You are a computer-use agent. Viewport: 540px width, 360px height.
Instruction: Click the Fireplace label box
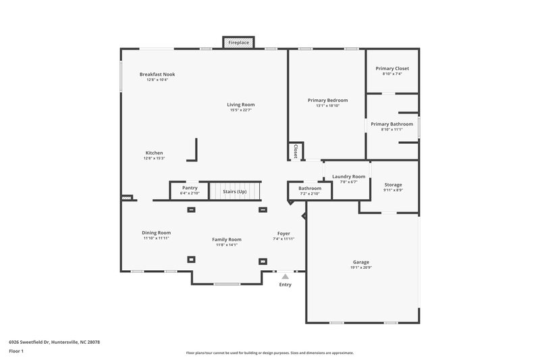(x=238, y=43)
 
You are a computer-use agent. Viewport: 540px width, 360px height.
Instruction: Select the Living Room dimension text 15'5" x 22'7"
(x=240, y=110)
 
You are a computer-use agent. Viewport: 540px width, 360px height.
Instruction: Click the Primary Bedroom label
(x=327, y=100)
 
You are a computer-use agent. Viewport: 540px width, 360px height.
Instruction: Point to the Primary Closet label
(x=391, y=68)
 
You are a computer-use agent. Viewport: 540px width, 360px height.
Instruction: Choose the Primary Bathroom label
(x=391, y=124)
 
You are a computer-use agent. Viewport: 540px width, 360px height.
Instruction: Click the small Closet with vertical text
(x=296, y=152)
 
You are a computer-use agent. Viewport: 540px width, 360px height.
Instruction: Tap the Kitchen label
(x=154, y=153)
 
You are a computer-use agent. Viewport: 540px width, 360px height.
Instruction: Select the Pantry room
(x=190, y=190)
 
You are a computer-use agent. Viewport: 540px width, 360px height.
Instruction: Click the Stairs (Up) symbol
(x=234, y=191)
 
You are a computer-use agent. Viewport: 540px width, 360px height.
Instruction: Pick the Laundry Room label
(x=348, y=176)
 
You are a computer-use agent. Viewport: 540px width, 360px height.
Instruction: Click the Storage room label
(x=393, y=184)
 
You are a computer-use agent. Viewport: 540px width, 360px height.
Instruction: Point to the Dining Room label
(x=156, y=232)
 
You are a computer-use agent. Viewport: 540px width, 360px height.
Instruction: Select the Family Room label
(x=227, y=239)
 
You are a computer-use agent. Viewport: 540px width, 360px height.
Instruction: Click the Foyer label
(x=283, y=233)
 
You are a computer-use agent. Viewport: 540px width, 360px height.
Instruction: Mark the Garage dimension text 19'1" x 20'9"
(x=361, y=267)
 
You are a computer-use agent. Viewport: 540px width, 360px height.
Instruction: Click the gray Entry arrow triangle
(x=286, y=276)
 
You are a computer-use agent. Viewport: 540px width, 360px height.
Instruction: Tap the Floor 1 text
(x=16, y=351)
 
